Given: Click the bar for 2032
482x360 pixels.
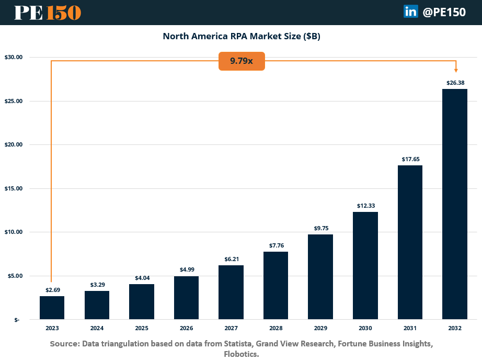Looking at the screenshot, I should pos(454,204).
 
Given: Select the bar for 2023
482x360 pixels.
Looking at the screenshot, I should pos(52,308).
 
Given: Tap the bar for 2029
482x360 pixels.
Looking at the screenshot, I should pos(320,277).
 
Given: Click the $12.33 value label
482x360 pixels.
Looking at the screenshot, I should pos(365,206).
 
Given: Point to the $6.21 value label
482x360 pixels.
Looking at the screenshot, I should pos(231,260).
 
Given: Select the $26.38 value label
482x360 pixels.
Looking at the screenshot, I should pos(454,83).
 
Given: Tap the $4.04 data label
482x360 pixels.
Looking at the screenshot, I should pos(141,278).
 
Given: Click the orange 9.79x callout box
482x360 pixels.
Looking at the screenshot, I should pos(242,61).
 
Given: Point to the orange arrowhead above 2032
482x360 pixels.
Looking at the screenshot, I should pos(456,70).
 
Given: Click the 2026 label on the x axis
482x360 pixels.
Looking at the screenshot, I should pos(186,328).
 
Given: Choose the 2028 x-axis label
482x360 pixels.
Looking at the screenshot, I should pos(276,328).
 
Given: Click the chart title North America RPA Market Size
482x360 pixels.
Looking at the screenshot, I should pos(241,36).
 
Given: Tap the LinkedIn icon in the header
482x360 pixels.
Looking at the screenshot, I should pos(410,12).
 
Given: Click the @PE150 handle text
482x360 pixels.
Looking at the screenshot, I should pos(444,12).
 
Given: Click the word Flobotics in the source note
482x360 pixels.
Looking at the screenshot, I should pos(242,354).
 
